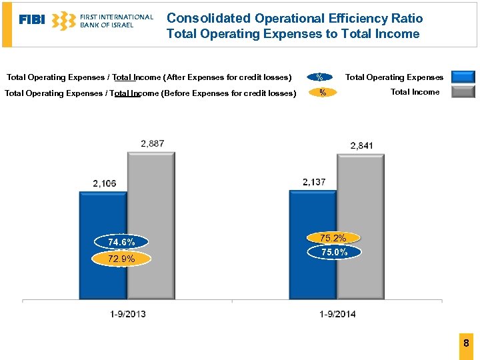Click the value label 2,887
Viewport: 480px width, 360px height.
(x=153, y=143)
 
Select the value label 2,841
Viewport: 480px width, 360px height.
(x=362, y=145)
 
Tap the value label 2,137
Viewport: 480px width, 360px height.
(x=314, y=182)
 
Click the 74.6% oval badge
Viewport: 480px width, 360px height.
(x=121, y=242)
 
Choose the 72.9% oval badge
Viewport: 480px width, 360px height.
(x=121, y=259)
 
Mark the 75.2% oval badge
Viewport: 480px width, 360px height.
(x=333, y=238)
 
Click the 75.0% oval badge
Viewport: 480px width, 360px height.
(x=334, y=252)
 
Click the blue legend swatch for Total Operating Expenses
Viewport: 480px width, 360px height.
(x=463, y=77)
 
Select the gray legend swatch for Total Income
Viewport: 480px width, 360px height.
(x=463, y=92)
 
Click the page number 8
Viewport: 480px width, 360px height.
(x=466, y=343)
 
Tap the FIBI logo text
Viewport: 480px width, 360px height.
(x=32, y=20)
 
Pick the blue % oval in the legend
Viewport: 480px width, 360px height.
(x=320, y=77)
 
